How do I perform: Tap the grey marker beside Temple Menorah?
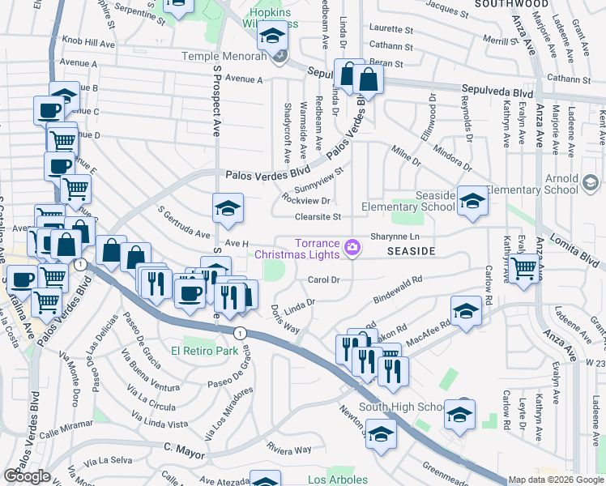click(x=280, y=56)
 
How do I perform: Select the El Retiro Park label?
click(x=204, y=352)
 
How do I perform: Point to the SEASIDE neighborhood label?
click(x=411, y=252)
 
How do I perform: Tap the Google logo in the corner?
click(x=27, y=476)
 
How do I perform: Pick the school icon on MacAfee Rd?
click(x=465, y=312)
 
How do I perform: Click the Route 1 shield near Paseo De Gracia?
click(x=240, y=333)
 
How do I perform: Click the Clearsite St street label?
click(x=318, y=216)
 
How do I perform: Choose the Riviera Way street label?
click(x=290, y=450)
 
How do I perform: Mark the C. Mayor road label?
click(x=181, y=446)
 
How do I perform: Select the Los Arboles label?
click(x=338, y=480)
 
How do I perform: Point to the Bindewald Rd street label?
click(x=399, y=291)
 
